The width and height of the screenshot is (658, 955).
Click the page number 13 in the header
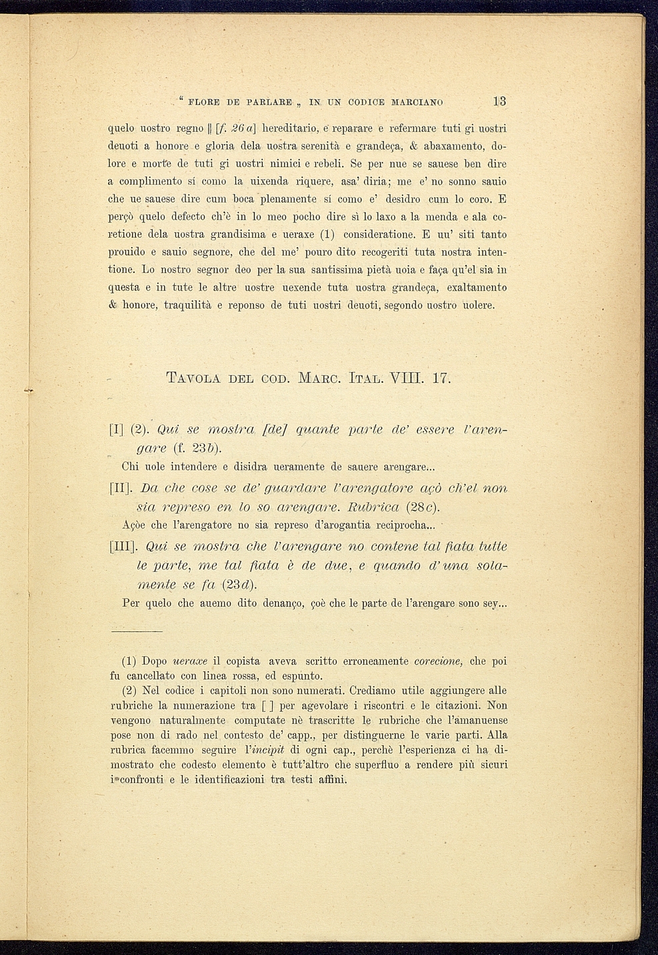(x=499, y=102)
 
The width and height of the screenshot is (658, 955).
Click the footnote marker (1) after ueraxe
(x=327, y=234)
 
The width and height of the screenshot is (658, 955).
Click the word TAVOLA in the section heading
(x=193, y=379)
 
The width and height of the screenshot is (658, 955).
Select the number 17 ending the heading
(x=441, y=379)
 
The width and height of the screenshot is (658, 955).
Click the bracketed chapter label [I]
(x=115, y=430)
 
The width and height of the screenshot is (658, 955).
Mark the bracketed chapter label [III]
(x=122, y=547)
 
